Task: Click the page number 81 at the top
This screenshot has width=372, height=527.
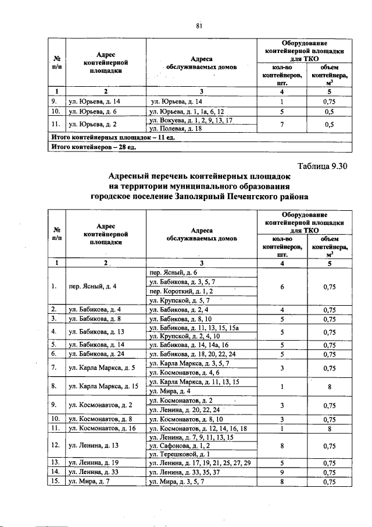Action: pyautogui.click(x=198, y=25)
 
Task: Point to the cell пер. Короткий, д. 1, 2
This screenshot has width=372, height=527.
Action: pyautogui.click(x=181, y=291)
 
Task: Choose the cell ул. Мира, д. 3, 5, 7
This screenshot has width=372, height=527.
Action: pyautogui.click(x=177, y=482)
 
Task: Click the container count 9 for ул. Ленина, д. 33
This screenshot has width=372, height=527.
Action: pyautogui.click(x=282, y=472)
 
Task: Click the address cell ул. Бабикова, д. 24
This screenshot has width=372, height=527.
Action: pyautogui.click(x=96, y=353)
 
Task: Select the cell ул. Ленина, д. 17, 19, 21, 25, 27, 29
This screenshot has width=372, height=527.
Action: pyautogui.click(x=200, y=463)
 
